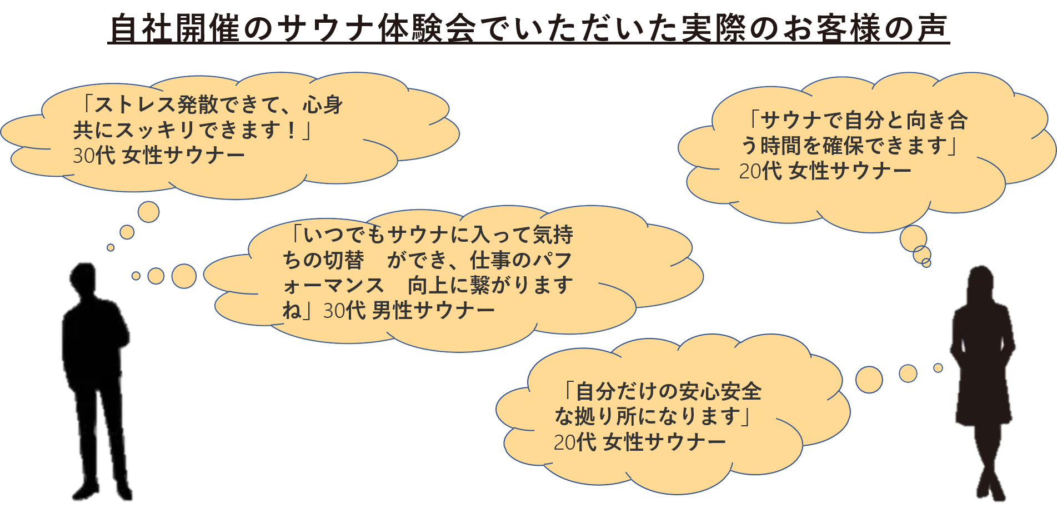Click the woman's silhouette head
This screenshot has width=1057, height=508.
(980, 283)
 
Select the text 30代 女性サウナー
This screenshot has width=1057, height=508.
(159, 156)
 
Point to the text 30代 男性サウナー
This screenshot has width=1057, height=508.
(409, 311)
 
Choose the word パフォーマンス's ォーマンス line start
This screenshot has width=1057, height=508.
(333, 286)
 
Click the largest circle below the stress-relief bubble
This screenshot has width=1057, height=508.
(148, 212)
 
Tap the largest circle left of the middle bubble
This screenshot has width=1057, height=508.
(184, 276)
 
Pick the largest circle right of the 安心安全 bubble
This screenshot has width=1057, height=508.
(869, 380)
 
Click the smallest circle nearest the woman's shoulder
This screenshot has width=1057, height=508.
(938, 368)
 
